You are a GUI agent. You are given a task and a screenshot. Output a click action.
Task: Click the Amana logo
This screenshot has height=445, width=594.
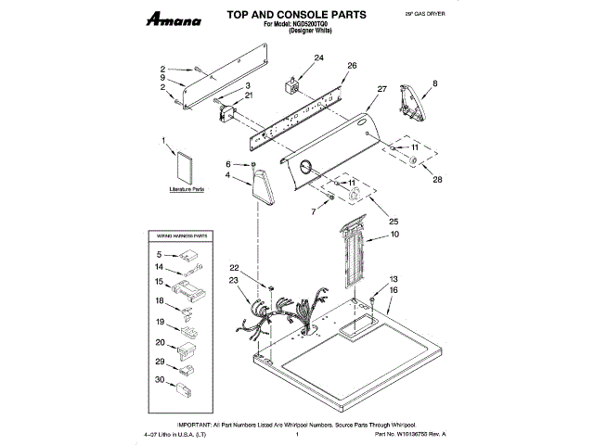click(160, 19)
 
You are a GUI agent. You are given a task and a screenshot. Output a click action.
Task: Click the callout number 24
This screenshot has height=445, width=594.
click(318, 58)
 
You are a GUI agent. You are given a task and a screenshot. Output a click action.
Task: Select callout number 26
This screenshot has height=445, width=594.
click(352, 66)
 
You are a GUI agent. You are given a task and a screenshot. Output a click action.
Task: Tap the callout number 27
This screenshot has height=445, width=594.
click(381, 90)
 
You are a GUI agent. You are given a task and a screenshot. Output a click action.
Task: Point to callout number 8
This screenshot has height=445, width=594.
click(433, 84)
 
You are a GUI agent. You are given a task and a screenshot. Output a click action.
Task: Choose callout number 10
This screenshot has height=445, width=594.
click(394, 235)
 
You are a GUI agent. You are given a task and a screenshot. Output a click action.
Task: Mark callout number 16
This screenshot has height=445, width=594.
click(393, 290)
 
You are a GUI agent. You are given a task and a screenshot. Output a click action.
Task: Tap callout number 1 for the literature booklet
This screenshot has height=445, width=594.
click(163, 142)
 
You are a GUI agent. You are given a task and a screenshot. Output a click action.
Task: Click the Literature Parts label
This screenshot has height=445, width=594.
click(186, 189)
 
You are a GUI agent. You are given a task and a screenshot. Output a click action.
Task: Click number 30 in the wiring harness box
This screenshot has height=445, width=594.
click(159, 380)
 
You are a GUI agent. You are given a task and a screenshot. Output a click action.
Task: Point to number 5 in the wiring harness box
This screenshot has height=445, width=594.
click(159, 253)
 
